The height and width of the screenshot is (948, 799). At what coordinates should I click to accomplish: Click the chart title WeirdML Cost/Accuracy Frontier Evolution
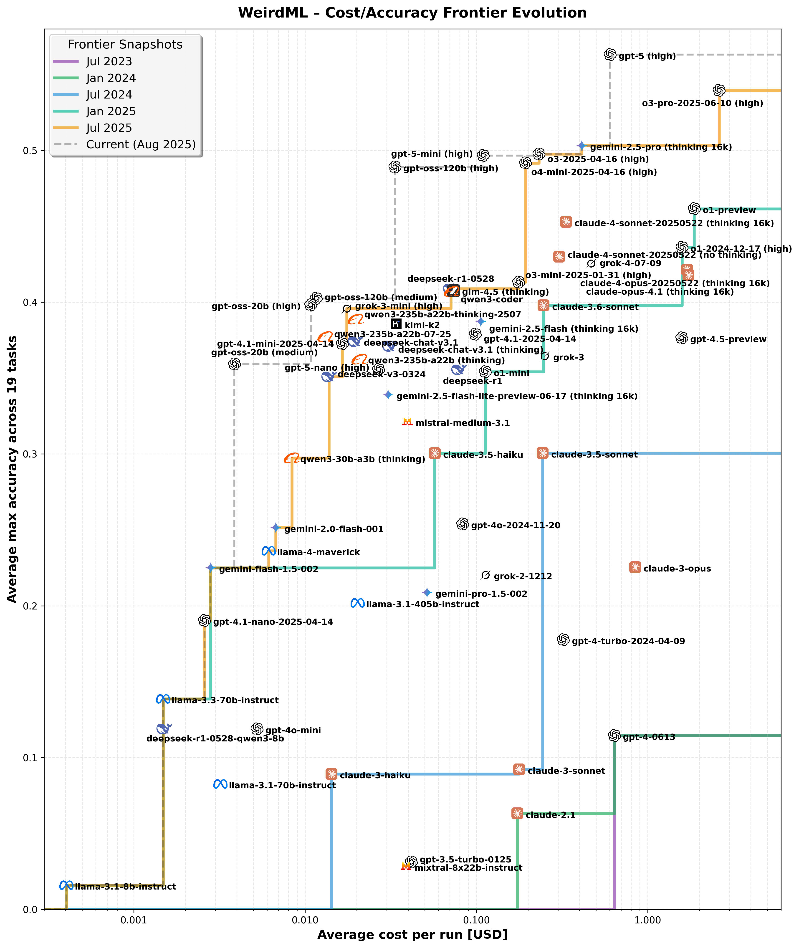tap(412, 13)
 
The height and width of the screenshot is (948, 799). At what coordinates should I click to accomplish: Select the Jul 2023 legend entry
tap(109, 62)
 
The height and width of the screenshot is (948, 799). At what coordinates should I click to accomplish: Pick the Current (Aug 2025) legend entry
tap(140, 144)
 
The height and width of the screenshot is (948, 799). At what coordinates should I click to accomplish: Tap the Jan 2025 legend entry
tap(111, 111)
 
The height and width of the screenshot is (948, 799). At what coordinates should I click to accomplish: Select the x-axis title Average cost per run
tap(412, 935)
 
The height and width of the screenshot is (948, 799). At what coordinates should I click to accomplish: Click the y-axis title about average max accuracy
tap(12, 469)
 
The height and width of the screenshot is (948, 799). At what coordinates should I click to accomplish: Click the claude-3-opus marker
tap(635, 568)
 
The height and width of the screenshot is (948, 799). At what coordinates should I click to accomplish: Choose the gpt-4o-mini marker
tap(257, 729)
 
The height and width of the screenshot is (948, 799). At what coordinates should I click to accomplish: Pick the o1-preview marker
tap(694, 209)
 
